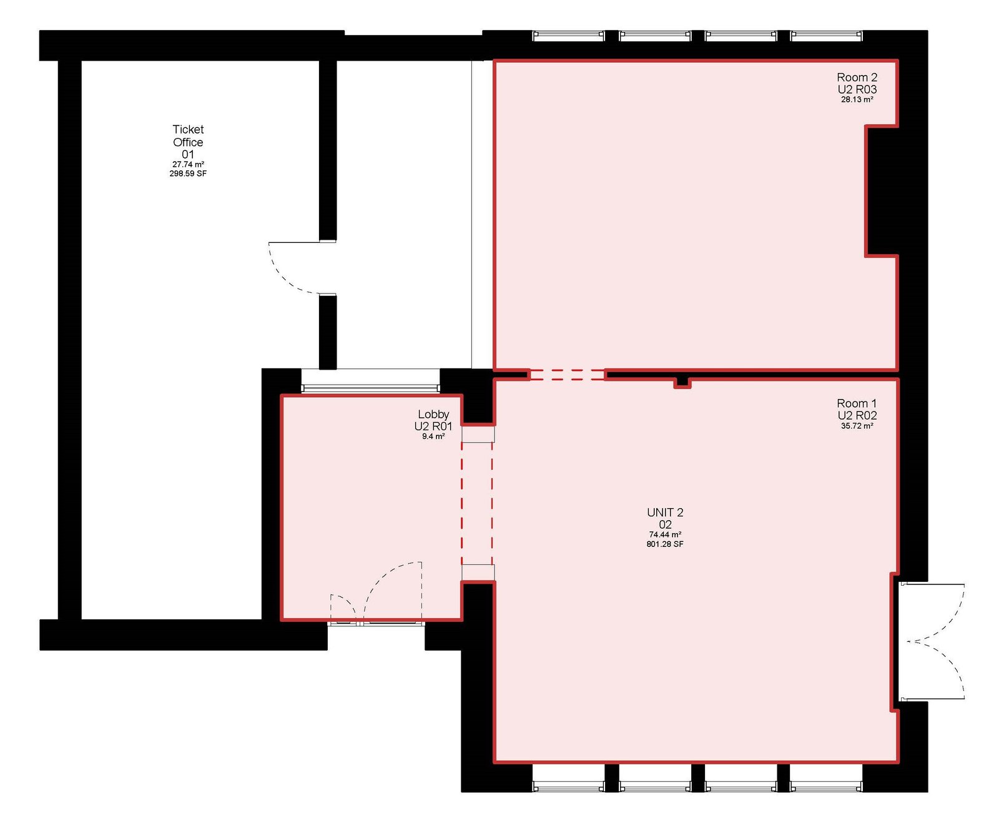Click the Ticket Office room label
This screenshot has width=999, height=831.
point(188,142)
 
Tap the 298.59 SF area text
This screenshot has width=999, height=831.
point(188,174)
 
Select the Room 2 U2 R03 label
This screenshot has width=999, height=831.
point(857,83)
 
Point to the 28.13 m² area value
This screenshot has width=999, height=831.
point(857,99)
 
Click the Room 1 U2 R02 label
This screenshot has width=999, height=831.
point(857,409)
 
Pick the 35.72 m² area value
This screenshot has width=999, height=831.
point(857,426)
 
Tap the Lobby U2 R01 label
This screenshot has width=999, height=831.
point(433,420)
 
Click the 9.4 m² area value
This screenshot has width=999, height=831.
point(433,436)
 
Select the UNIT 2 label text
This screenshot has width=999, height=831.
point(665,513)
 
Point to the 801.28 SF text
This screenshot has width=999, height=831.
point(665,544)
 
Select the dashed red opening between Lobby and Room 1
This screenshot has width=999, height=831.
point(477,504)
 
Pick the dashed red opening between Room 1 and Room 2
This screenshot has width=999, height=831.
point(567,375)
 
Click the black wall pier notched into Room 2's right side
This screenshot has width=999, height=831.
point(882,191)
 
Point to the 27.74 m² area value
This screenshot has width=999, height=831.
point(188,164)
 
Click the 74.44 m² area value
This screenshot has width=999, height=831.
point(665,535)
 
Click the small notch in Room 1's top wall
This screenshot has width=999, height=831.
point(682,382)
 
